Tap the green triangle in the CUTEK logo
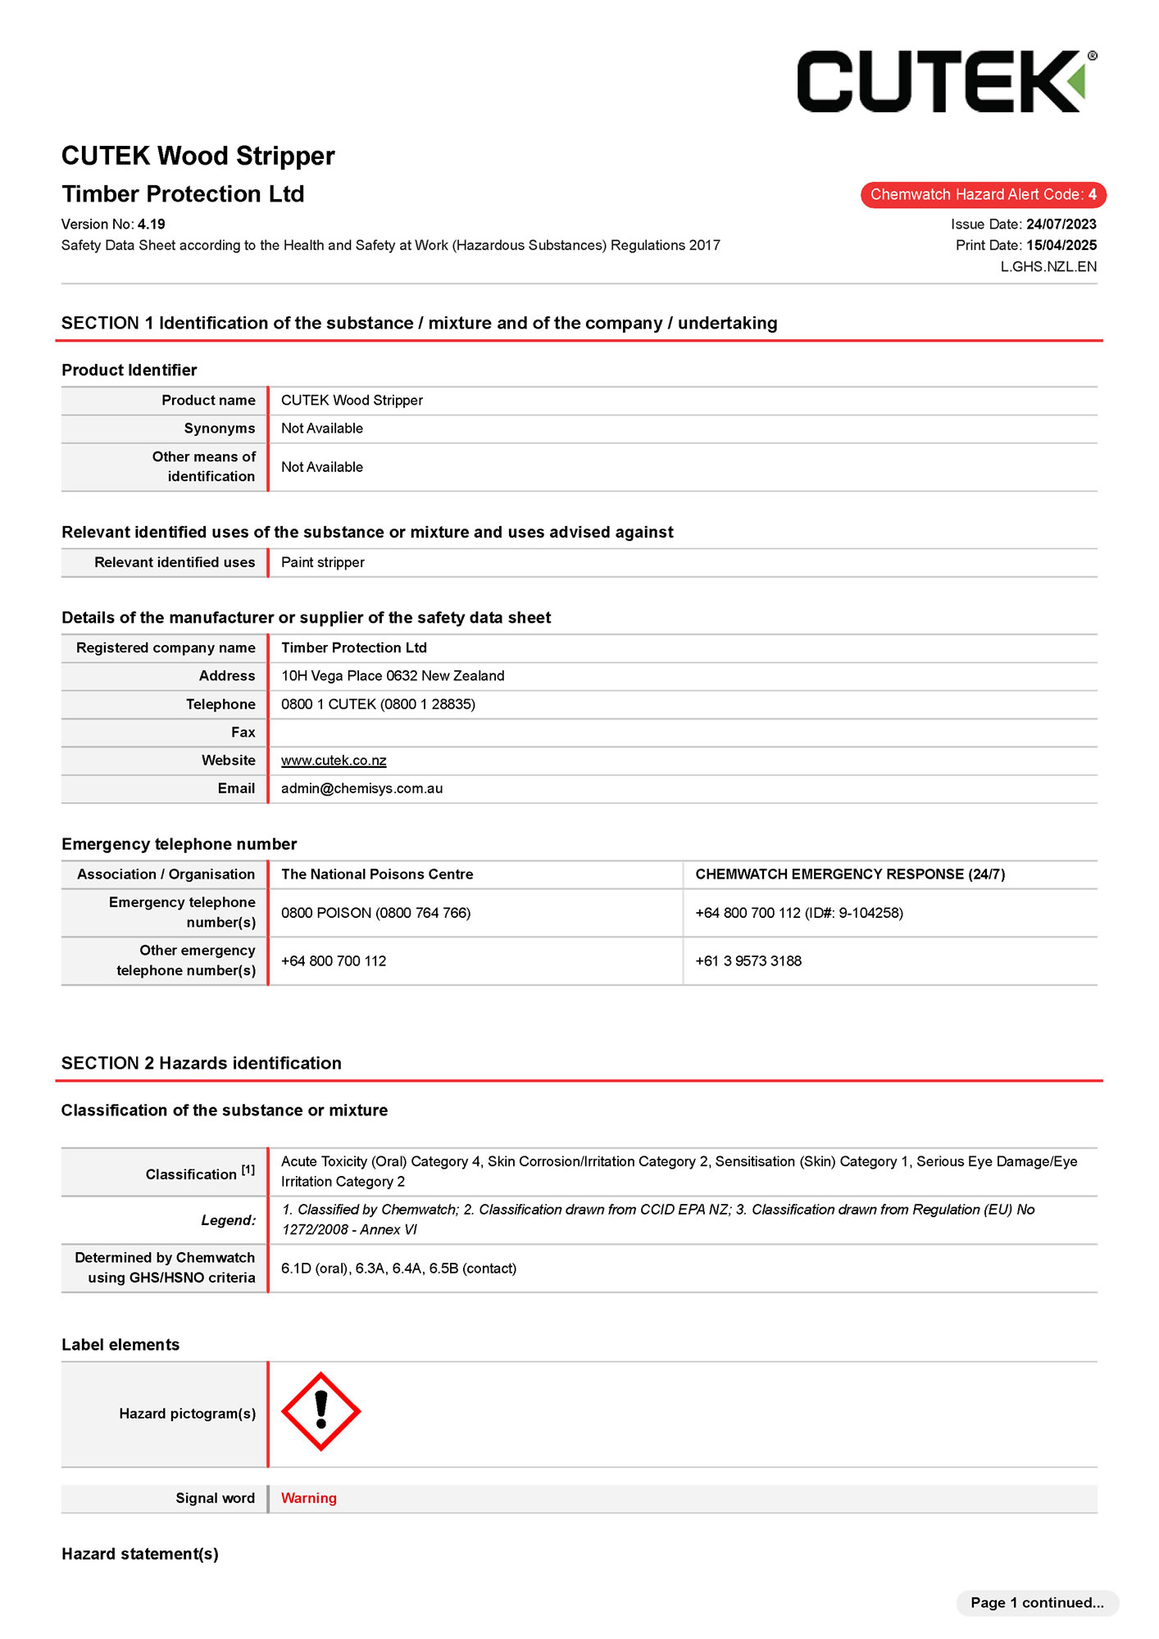coord(1078,82)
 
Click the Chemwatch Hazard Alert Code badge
coord(983,195)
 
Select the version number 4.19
coord(152,225)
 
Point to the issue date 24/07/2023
coord(1061,225)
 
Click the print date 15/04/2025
coord(1061,245)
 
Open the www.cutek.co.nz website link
coord(334,760)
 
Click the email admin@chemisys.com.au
coord(361,788)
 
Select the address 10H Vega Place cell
coord(393,676)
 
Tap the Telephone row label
coord(220,705)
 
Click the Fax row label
coord(243,733)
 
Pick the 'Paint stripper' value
coord(323,563)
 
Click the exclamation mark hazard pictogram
coord(320,1411)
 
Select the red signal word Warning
coord(309,1498)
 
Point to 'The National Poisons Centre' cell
coord(377,874)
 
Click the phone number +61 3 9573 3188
coord(748,961)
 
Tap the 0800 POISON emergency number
coord(375,913)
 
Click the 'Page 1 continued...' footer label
coord(1037,1602)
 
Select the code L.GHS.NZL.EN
coord(1048,267)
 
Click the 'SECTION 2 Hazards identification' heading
coord(202,1063)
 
